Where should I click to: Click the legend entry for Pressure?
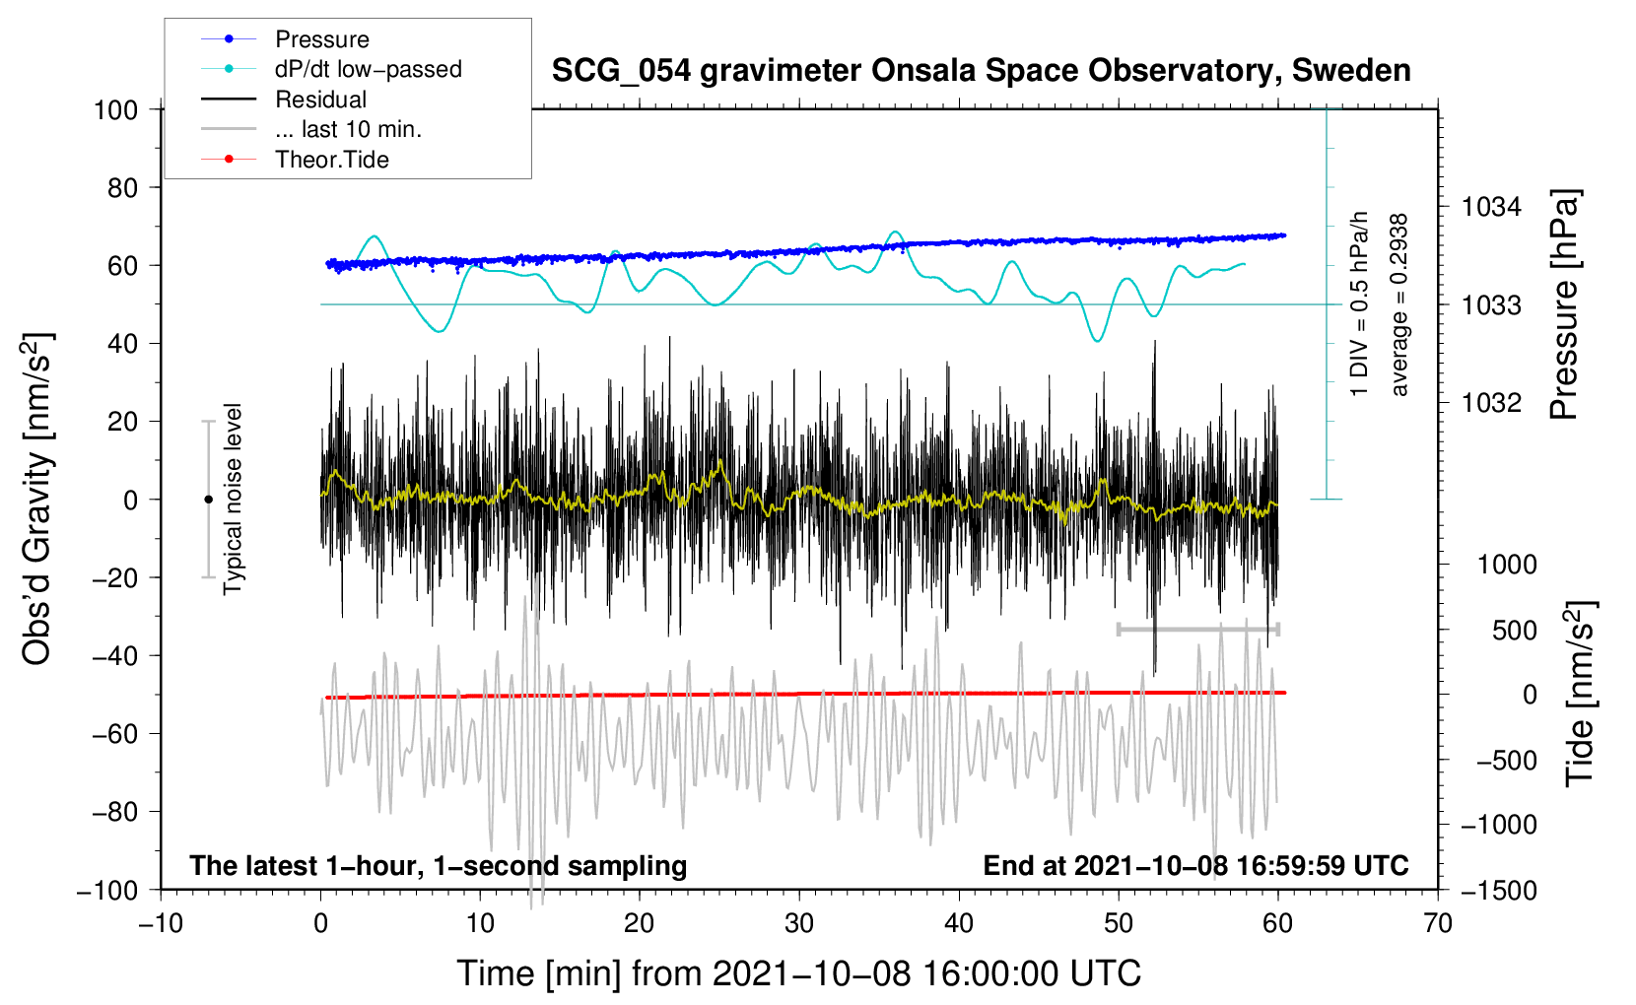pos(285,38)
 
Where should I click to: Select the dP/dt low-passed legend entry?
pos(331,69)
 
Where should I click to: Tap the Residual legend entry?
pos(284,100)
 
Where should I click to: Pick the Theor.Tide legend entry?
pos(295,160)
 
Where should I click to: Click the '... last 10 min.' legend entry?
pos(311,129)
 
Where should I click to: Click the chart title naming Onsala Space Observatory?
pos(981,71)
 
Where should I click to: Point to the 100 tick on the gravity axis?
pos(116,110)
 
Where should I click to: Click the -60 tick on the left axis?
pos(114,733)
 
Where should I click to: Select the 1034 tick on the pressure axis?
pos(1491,207)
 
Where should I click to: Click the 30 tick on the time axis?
pos(799,924)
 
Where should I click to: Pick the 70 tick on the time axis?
pos(1437,924)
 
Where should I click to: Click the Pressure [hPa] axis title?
pos(1564,304)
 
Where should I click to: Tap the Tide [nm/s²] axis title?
pos(1579,694)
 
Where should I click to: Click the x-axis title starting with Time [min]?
pos(799,973)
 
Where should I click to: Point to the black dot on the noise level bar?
pos(208,500)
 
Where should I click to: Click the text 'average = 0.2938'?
pos(1398,304)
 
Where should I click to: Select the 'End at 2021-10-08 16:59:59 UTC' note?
pos(1195,865)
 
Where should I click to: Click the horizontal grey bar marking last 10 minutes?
pos(1198,629)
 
